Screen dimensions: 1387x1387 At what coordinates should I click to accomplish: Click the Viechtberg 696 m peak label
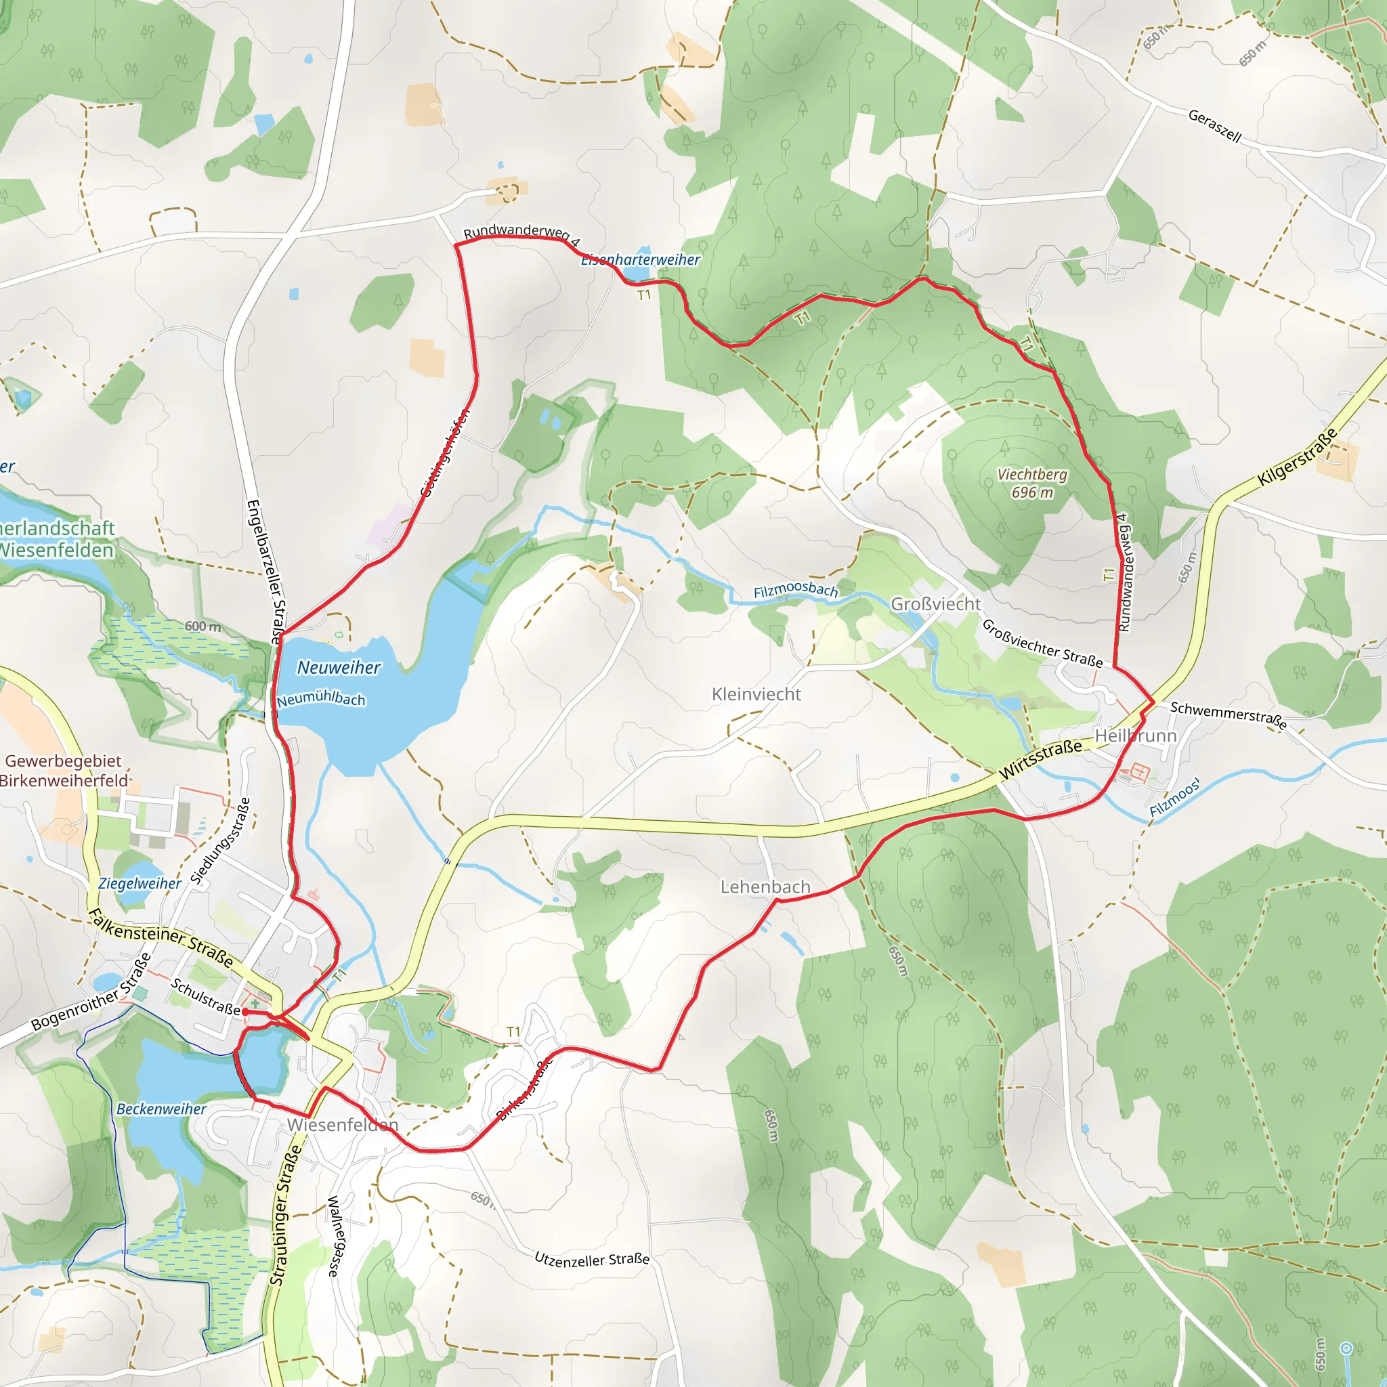coord(1031,483)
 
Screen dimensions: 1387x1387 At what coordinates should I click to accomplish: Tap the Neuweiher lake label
coord(339,668)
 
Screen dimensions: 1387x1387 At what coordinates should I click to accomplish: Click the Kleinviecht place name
coord(756,694)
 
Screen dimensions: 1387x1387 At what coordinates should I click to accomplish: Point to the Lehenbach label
coord(765,887)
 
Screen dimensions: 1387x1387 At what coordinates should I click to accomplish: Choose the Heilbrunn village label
coord(1135,736)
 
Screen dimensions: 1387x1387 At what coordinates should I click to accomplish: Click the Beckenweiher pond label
coord(162,1109)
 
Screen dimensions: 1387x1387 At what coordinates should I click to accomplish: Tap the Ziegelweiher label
coord(140,883)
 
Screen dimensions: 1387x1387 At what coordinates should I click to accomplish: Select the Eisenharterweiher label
coord(641,260)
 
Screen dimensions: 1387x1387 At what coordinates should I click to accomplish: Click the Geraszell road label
coord(1215,126)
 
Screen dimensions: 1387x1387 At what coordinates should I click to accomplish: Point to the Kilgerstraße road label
coord(1298,457)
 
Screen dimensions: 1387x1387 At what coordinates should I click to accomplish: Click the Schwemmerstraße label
coord(1229,715)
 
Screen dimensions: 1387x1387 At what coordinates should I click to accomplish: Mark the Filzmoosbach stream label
coord(796,590)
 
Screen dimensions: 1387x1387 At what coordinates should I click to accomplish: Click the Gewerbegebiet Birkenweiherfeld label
coord(64,770)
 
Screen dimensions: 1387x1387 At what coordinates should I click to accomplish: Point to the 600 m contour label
coord(203,626)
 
